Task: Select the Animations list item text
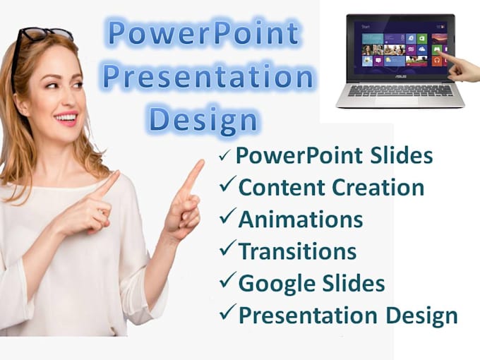pyautogui.click(x=300, y=220)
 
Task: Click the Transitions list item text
pyautogui.click(x=297, y=251)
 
